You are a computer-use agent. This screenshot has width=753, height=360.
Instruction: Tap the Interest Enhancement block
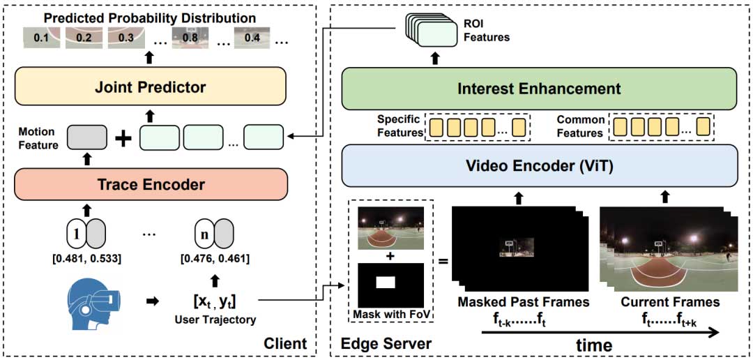coord(538,89)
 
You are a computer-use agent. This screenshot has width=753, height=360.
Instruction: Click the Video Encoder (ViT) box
coord(538,165)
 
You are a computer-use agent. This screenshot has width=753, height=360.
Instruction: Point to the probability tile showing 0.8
coord(190,38)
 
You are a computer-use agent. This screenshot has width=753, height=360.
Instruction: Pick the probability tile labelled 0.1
coord(41,38)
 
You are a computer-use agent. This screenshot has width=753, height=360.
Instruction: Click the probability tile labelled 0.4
coord(252,38)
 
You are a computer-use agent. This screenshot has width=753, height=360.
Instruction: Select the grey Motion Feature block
coord(87,138)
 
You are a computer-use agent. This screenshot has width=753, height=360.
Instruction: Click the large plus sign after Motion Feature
coord(123,138)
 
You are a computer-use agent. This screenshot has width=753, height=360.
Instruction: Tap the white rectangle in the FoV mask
coord(385,281)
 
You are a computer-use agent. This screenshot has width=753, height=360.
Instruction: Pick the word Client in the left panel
coord(285,343)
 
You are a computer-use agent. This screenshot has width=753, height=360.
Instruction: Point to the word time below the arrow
coord(593,345)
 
